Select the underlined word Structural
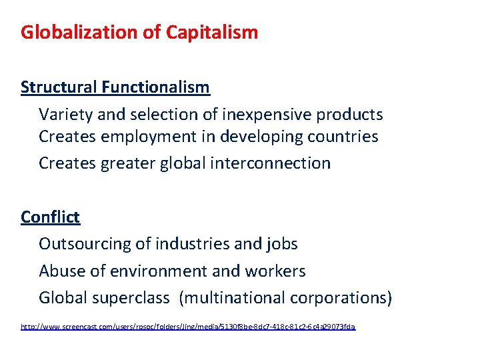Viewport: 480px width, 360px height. click(x=59, y=87)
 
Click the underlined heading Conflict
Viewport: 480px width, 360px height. click(x=50, y=217)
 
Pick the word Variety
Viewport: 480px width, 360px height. click(x=66, y=115)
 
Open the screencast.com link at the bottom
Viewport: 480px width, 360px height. click(x=188, y=327)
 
